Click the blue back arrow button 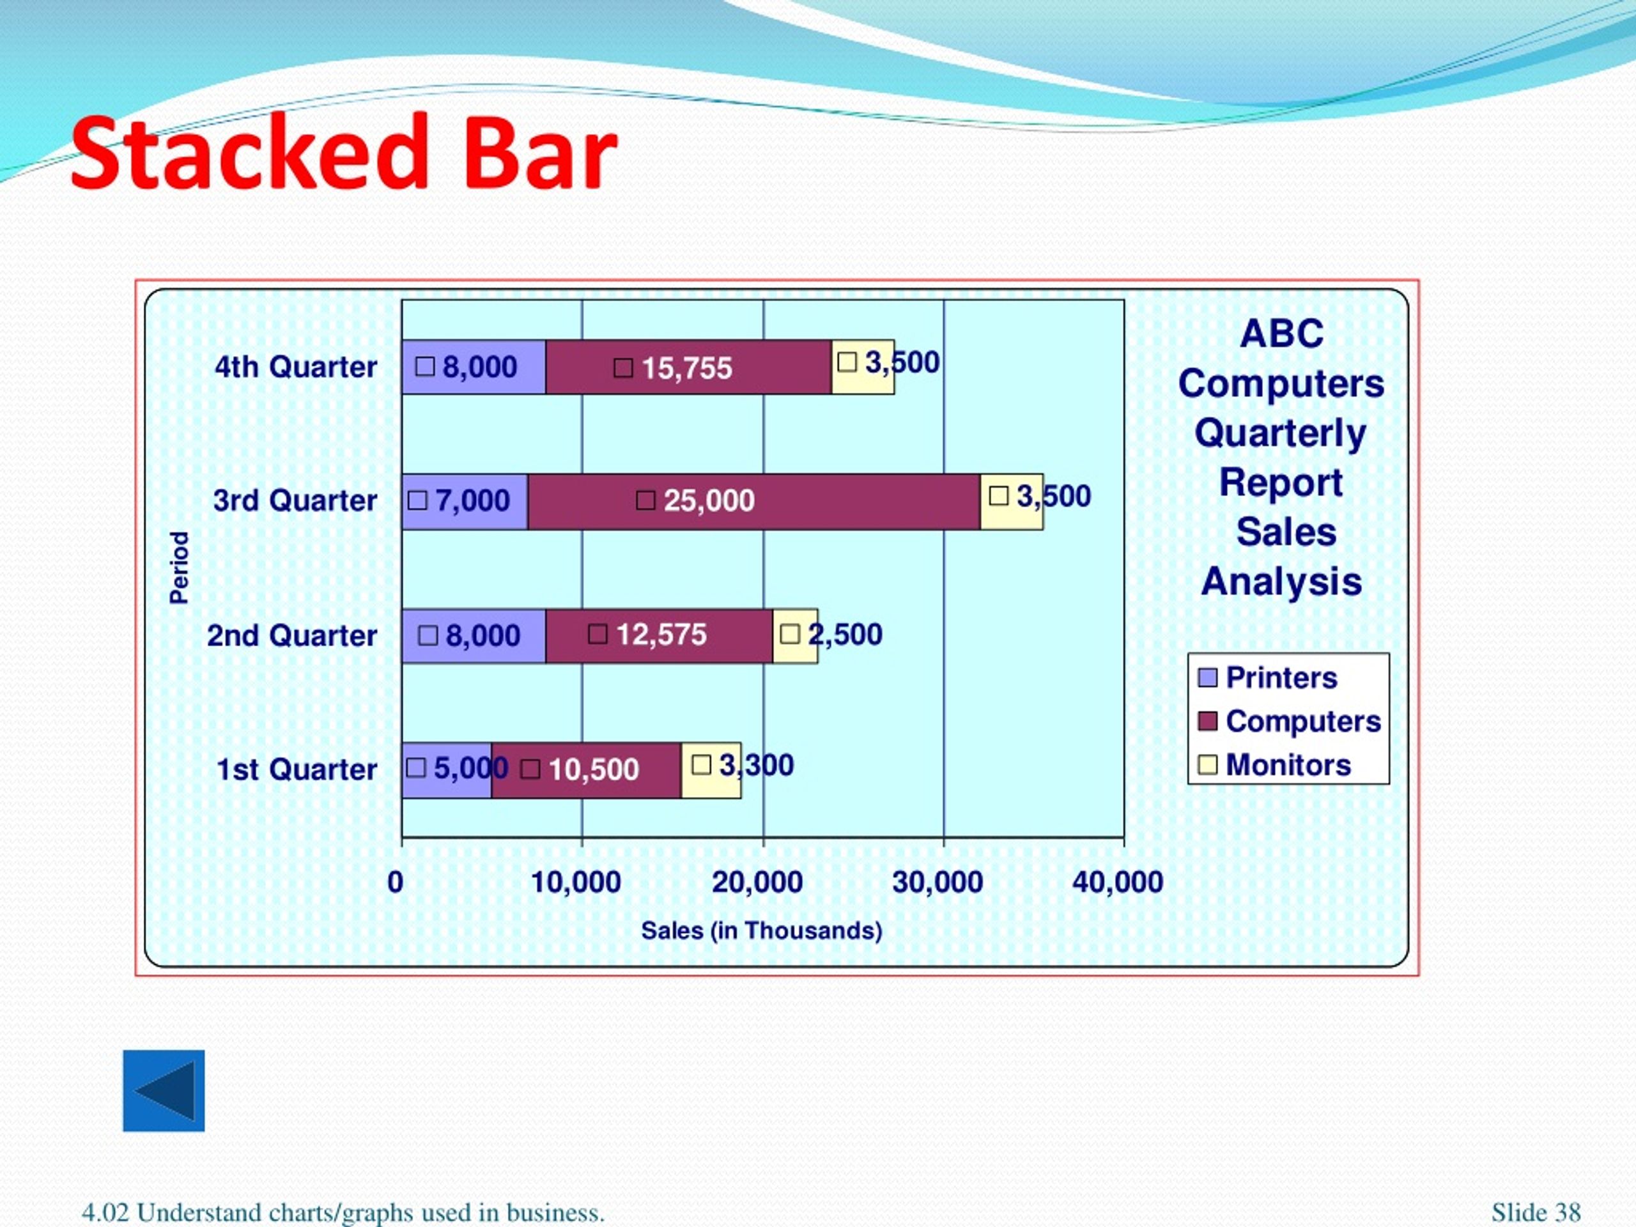click(164, 1090)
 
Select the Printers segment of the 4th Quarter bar click(474, 367)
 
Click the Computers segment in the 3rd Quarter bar click(754, 502)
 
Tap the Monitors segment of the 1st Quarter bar click(711, 770)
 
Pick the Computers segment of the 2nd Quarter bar click(659, 636)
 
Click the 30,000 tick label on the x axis click(938, 882)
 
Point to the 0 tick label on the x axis click(396, 882)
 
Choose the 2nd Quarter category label click(292, 635)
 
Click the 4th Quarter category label click(296, 367)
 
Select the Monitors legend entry click(1274, 764)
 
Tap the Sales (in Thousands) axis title click(762, 930)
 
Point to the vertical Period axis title click(180, 567)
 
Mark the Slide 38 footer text click(1536, 1213)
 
